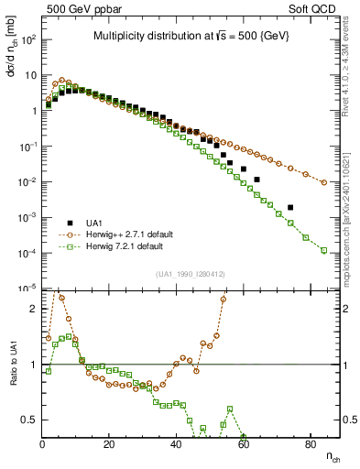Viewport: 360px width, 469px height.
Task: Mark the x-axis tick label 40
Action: (177, 444)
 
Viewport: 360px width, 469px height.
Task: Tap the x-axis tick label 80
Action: (311, 444)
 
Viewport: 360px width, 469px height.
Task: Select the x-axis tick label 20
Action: (109, 444)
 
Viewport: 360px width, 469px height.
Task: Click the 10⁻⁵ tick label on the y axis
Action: (27, 289)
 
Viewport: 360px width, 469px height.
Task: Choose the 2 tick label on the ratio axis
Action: (33, 309)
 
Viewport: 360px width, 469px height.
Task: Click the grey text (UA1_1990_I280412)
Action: (190, 274)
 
